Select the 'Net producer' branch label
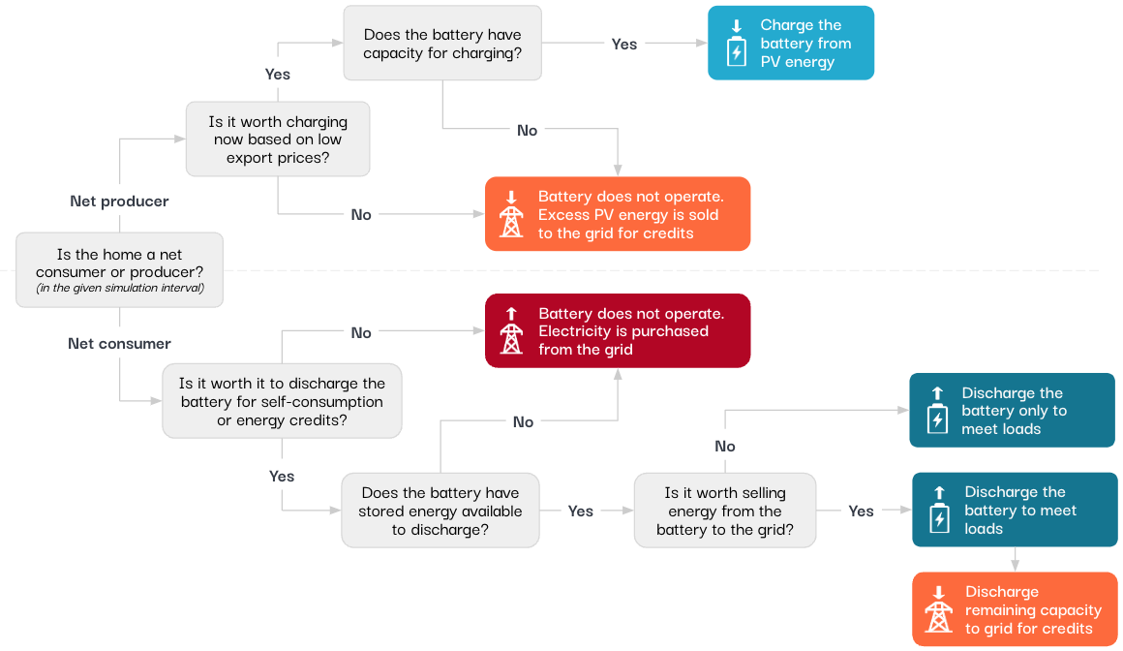point(119,201)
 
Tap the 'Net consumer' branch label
point(119,344)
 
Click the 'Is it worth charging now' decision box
point(278,139)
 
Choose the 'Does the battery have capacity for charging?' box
point(442,44)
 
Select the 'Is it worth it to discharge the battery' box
point(282,402)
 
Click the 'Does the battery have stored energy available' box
point(440,511)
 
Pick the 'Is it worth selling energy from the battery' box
point(725,511)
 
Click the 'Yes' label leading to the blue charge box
point(624,44)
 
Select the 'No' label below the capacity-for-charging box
point(527,131)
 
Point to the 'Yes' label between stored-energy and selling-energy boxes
point(581,511)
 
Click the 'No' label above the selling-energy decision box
point(725,447)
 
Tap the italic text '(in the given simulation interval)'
point(120,288)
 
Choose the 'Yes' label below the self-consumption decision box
point(282,477)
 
